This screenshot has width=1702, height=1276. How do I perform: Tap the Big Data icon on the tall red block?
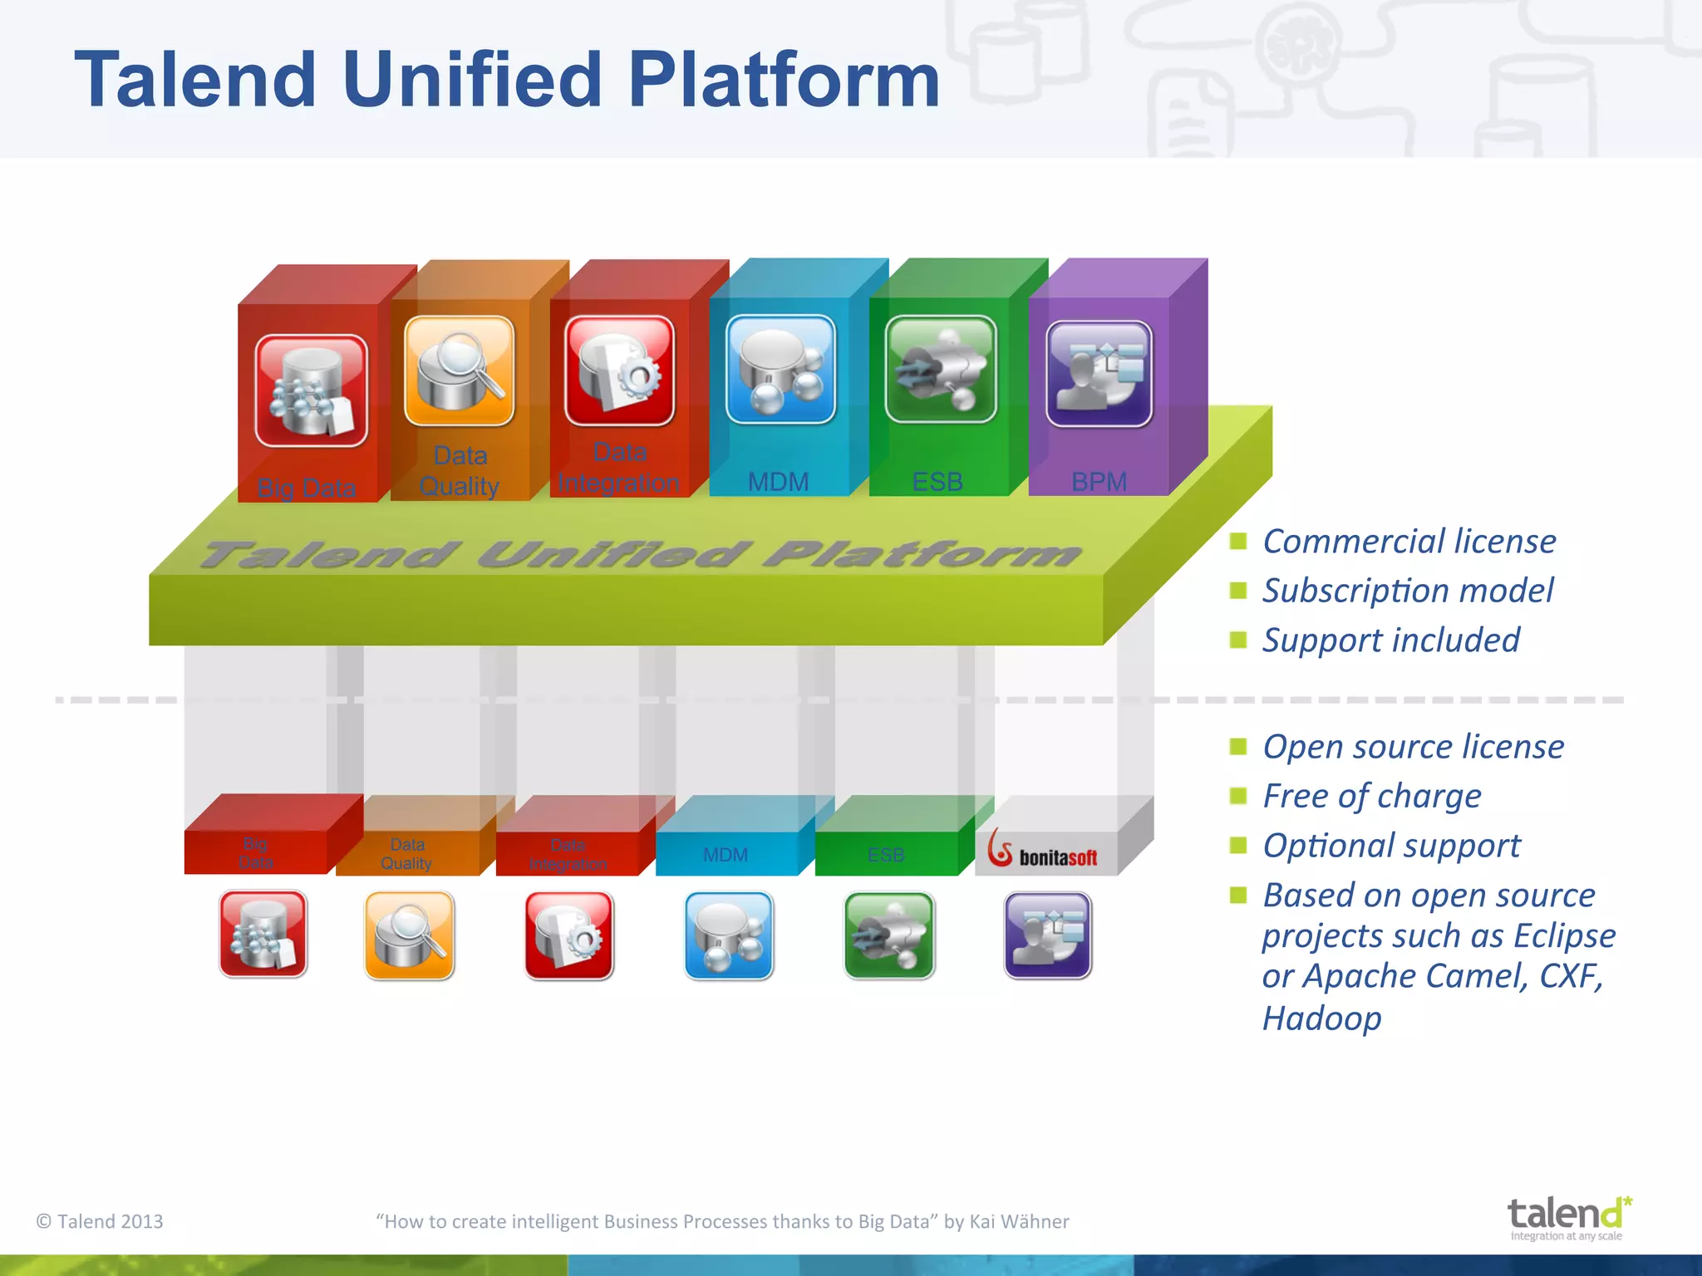coord(311,390)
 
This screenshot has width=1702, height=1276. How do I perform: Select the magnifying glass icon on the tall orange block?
coord(459,371)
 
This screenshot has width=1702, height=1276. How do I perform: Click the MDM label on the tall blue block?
coord(778,482)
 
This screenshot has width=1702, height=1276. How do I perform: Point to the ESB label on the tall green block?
coord(937,482)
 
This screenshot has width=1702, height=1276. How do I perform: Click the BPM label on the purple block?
coord(1099,482)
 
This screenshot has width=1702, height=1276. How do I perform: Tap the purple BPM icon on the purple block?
coord(1099,374)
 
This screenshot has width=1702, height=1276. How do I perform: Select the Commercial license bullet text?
coord(1409,542)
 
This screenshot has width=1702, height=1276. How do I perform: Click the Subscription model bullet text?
coord(1407,591)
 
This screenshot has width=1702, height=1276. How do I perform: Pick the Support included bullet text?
coord(1390,640)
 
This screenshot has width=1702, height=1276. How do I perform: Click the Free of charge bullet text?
coord(1371,796)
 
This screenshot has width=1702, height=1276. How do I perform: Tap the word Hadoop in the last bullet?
coord(1321,1018)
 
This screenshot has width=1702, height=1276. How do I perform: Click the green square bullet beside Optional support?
coord(1238,846)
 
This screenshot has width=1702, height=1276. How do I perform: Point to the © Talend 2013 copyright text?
coord(100,1221)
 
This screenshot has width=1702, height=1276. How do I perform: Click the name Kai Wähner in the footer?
coord(1019,1221)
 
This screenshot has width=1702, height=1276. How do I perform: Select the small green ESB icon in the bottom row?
coord(889,935)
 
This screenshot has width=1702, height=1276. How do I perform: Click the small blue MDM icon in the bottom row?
coord(729,935)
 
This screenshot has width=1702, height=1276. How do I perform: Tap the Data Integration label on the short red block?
coord(568,855)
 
